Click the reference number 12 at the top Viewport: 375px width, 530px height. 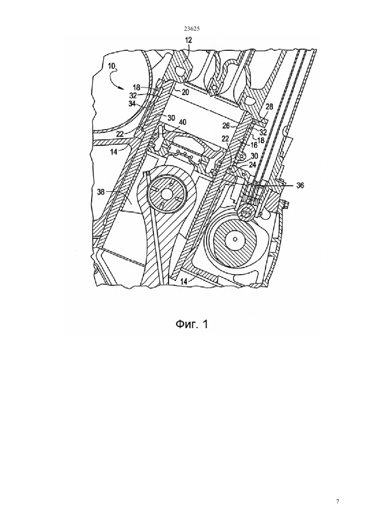[189, 40]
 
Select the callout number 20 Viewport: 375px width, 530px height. [185, 92]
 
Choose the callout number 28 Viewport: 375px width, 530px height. [269, 107]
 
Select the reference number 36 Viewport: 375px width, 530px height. [300, 186]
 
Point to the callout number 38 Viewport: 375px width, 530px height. [101, 192]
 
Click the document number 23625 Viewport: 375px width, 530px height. [192, 29]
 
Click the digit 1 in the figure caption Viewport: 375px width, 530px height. [205, 324]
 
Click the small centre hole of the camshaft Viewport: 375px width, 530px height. [235, 239]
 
